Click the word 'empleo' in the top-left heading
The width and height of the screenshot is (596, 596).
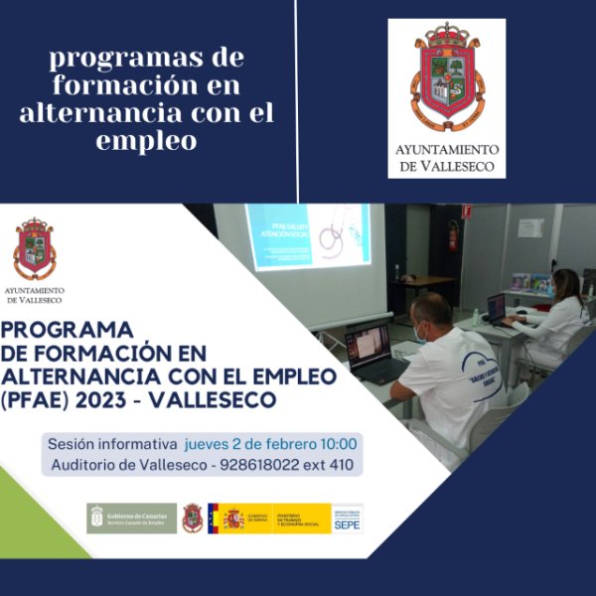coord(147,140)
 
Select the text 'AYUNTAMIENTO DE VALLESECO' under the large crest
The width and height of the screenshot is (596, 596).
coord(446,158)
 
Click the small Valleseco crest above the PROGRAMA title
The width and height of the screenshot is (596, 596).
coord(34,248)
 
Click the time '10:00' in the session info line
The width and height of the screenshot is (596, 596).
coord(338,443)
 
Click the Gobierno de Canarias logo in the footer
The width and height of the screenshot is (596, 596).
coord(131,518)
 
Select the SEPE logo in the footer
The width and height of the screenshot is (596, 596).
coord(347,518)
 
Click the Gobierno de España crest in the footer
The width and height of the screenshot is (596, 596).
coord(233,518)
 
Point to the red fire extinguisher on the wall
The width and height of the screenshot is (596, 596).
coord(453,235)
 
